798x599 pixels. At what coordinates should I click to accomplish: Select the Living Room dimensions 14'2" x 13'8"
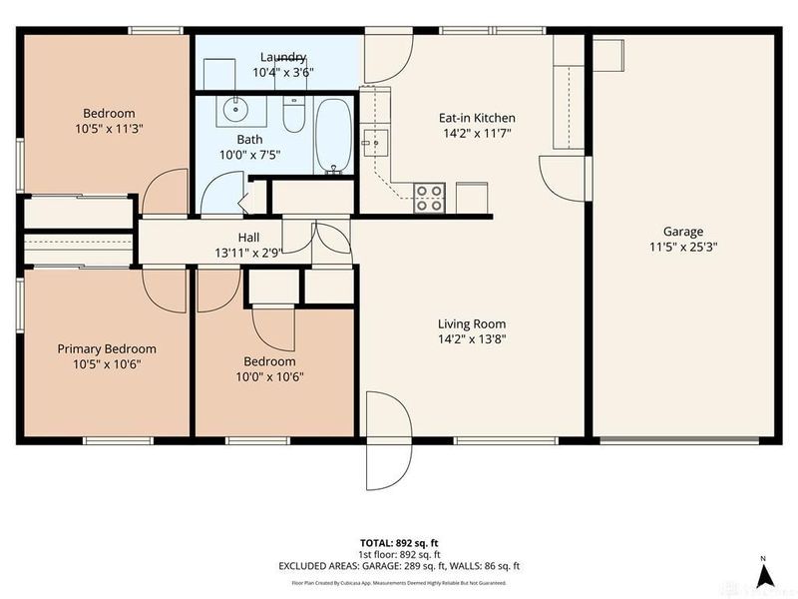[472, 339]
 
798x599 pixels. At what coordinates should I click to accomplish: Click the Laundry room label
[283, 57]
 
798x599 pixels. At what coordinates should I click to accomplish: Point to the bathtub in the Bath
[334, 137]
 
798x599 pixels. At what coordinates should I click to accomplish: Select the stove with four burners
[430, 198]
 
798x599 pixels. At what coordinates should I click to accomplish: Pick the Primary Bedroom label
[107, 348]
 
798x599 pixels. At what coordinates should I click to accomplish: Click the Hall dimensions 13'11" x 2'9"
[249, 252]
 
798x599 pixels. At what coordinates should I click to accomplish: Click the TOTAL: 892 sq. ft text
[399, 542]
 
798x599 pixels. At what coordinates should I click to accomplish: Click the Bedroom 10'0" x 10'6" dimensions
[269, 376]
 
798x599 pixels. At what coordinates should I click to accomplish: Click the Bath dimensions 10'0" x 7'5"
[249, 155]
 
